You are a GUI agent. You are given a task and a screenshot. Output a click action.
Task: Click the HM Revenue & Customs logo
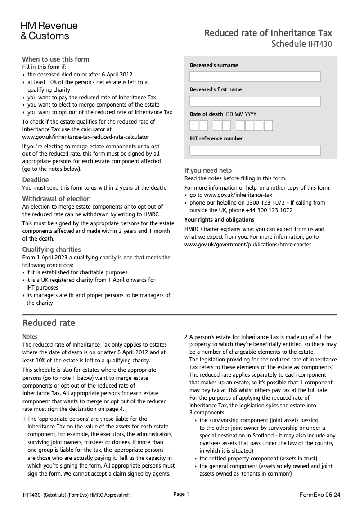click(49, 31)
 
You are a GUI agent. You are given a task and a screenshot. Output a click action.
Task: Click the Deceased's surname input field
click(255, 77)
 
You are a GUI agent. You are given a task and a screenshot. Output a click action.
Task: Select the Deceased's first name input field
click(255, 101)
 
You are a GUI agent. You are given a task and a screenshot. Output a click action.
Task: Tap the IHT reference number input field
click(255, 150)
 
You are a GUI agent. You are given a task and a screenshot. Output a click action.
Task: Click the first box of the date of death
click(194, 125)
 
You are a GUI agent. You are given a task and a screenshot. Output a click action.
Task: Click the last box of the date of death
click(268, 125)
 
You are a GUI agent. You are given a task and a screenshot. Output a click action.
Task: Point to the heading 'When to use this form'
click(56, 59)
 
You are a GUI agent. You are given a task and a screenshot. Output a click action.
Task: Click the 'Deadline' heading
click(36, 180)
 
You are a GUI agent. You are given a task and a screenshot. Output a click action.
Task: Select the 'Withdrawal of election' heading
click(56, 199)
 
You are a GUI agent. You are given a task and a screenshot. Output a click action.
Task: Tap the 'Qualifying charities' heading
click(52, 250)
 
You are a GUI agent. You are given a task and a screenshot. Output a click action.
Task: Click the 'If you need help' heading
click(208, 170)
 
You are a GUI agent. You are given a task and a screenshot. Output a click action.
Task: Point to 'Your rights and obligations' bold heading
click(219, 220)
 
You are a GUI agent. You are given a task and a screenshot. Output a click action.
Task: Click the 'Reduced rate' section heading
click(49, 323)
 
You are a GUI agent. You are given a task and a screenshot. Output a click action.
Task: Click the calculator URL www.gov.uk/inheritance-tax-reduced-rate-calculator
click(85, 137)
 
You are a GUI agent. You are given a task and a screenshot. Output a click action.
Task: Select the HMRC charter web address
click(247, 245)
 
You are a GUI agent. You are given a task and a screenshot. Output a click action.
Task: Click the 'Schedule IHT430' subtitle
click(302, 44)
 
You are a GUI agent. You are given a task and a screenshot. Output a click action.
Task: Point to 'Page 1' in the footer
click(181, 494)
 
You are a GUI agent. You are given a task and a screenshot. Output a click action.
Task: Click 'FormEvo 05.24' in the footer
click(319, 495)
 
